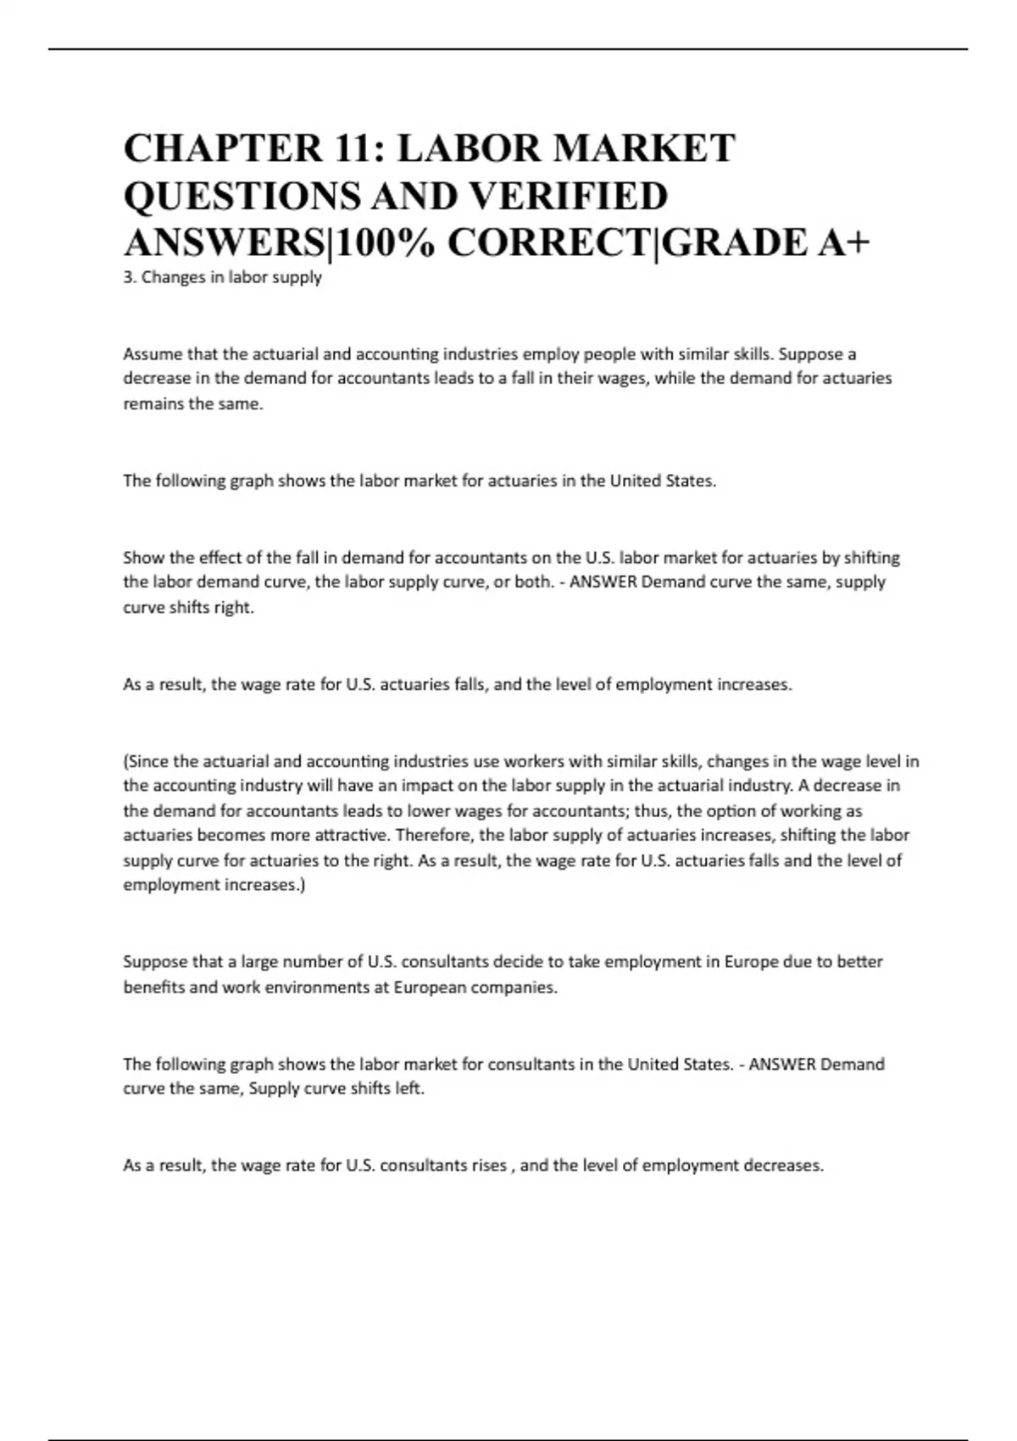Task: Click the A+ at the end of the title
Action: (843, 243)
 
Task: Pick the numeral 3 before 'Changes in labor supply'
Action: (128, 277)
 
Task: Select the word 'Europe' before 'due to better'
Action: (752, 962)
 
